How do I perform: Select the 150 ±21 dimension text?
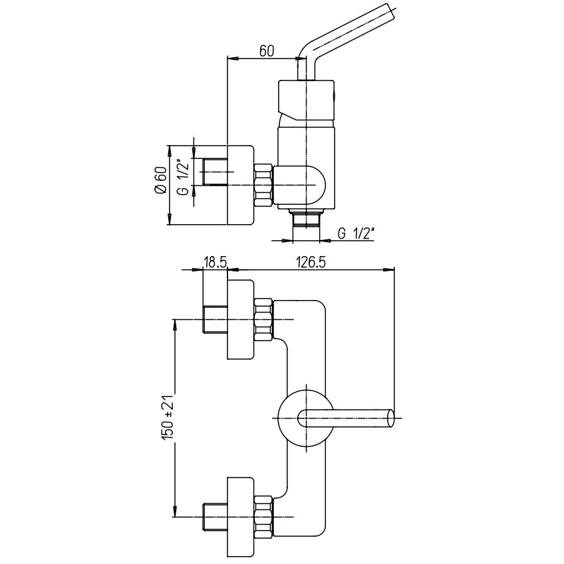click(168, 417)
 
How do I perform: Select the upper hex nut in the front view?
click(263, 321)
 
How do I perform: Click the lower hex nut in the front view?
click(263, 517)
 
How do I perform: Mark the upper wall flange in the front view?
click(241, 321)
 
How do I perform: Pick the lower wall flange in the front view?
click(241, 517)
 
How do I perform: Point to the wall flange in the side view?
click(241, 185)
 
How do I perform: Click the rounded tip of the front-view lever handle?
click(390, 418)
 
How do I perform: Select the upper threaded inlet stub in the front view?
click(215, 321)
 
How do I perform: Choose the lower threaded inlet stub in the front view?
click(215, 517)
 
